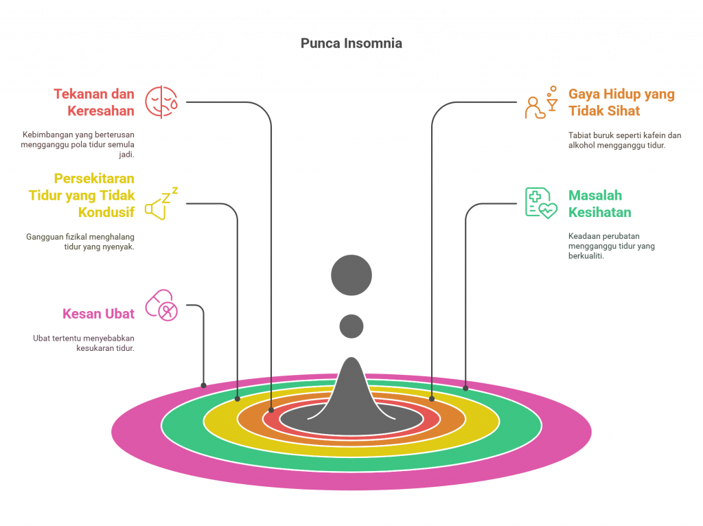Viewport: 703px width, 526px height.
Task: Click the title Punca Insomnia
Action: (x=351, y=43)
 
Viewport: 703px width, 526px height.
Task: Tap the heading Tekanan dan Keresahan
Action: (x=94, y=102)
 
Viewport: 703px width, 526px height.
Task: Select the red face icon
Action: (x=161, y=102)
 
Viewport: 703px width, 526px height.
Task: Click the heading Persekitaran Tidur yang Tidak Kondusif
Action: (x=82, y=195)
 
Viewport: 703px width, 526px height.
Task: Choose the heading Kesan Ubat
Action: (x=98, y=314)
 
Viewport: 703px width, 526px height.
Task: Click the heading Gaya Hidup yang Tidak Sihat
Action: (x=621, y=102)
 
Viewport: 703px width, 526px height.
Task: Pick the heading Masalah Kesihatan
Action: (x=600, y=204)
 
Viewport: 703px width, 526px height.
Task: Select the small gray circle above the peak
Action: (x=351, y=325)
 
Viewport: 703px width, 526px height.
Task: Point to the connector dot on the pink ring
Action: (x=203, y=385)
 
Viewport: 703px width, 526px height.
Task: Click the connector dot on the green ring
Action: (x=465, y=388)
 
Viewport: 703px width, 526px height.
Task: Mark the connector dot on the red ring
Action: (x=271, y=410)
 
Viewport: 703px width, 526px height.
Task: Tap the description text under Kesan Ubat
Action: (x=84, y=343)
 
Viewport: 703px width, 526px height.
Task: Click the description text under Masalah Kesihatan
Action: (x=611, y=246)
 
